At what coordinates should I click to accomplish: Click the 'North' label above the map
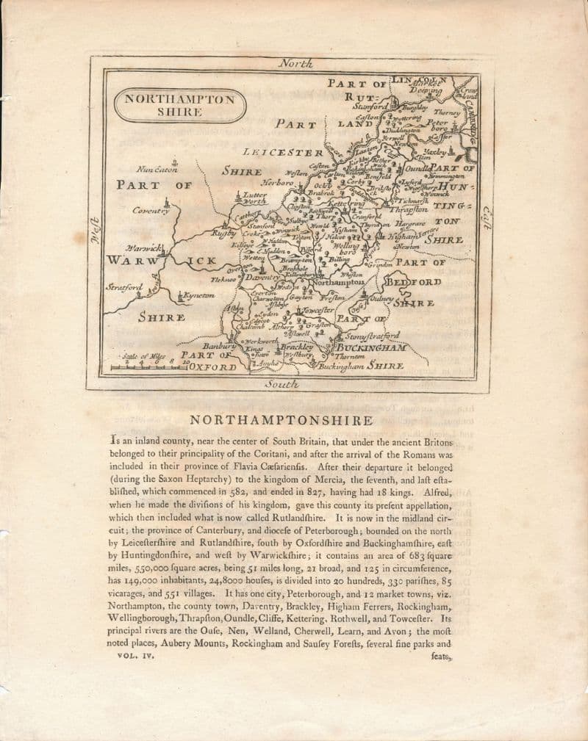click(296, 63)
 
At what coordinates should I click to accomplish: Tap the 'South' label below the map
click(282, 383)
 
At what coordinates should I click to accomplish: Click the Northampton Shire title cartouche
click(179, 104)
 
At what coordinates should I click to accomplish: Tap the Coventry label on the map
click(151, 211)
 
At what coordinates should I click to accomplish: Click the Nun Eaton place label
click(157, 169)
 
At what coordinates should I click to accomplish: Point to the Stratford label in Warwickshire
click(126, 287)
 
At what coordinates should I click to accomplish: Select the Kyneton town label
click(198, 295)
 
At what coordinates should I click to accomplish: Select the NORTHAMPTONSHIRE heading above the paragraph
click(282, 421)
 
